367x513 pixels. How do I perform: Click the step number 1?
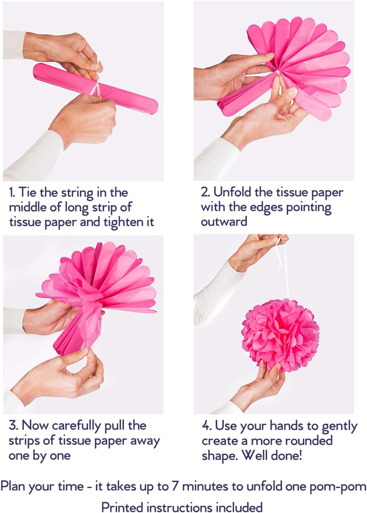click(12, 193)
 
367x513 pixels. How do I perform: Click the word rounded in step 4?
click(308, 441)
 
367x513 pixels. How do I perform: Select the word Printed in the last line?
click(122, 506)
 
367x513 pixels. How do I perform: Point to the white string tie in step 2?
click(278, 73)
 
